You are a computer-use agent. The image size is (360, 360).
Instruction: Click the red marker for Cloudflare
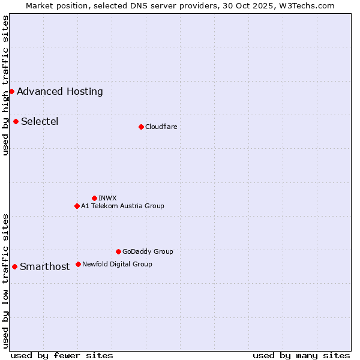(141, 127)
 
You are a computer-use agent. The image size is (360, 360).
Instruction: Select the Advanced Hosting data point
(11, 91)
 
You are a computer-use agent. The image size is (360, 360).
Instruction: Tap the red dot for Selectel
(16, 121)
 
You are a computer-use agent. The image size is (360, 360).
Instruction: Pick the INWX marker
(94, 198)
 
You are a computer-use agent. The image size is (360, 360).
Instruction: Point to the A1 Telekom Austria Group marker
(77, 206)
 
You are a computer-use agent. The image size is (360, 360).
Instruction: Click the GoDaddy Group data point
(118, 251)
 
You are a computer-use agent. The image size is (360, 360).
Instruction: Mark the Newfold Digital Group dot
(78, 264)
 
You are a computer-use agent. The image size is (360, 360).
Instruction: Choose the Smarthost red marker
(14, 266)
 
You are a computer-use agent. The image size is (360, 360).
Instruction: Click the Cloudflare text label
(161, 127)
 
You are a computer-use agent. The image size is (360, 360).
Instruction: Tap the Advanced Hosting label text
(60, 91)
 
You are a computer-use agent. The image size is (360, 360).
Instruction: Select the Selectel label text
(40, 121)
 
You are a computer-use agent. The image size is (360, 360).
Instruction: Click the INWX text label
(107, 198)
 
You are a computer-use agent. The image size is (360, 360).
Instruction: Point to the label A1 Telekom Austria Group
(122, 206)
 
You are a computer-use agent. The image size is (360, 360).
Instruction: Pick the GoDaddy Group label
(148, 251)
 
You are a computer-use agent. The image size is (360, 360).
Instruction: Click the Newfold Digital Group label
(117, 264)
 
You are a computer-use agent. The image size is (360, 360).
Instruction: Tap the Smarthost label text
(45, 267)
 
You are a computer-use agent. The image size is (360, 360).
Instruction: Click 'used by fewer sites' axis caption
(62, 355)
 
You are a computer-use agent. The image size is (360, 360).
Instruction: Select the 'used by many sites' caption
(301, 355)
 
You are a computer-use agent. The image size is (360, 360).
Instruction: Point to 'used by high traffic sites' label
(5, 85)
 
